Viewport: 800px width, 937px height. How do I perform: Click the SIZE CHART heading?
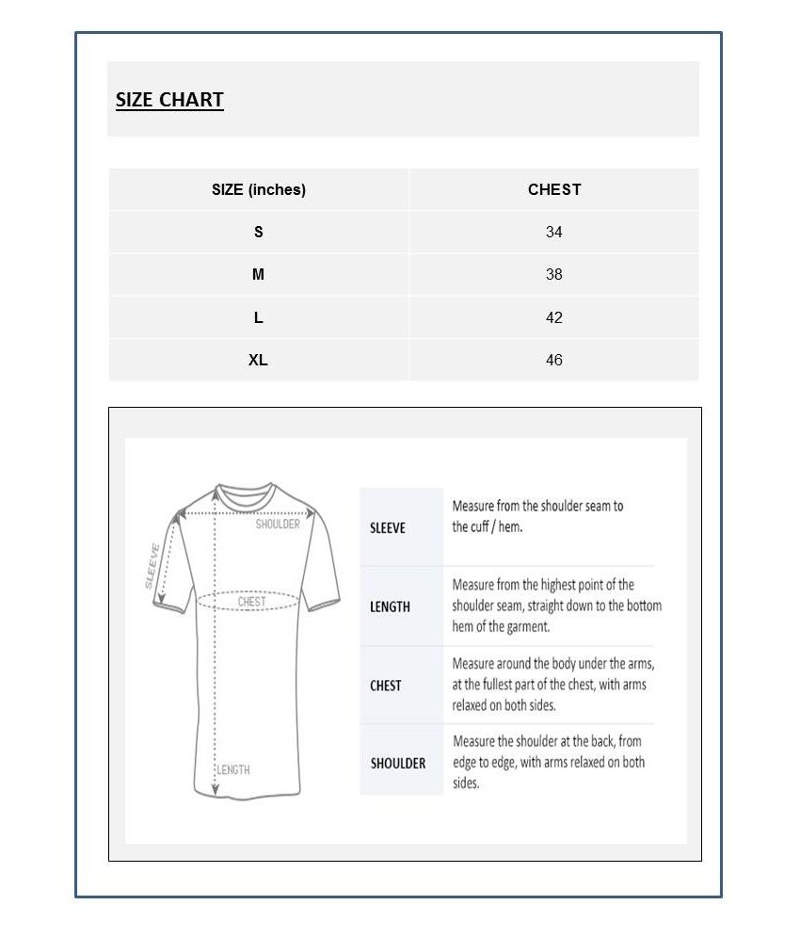coord(169,100)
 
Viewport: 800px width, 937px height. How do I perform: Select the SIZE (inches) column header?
coord(259,189)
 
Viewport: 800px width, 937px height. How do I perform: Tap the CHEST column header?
coord(554,189)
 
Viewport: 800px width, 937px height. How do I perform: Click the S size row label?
coord(259,232)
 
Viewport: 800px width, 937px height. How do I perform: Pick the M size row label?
coord(259,275)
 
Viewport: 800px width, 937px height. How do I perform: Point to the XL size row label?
coord(259,360)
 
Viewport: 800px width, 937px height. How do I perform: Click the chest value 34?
coord(554,232)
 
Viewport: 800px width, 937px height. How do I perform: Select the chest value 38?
coord(554,275)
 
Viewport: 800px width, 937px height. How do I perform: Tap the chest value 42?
coord(554,317)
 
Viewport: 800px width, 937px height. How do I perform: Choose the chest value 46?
coord(554,360)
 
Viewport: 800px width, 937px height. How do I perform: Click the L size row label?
coord(259,317)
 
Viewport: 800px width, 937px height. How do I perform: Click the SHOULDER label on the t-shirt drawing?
coord(278,524)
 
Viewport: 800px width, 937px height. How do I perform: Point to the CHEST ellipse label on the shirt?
coord(251,601)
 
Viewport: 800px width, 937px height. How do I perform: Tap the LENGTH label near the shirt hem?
coord(233,769)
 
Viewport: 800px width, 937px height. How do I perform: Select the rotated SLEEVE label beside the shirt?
coord(153,565)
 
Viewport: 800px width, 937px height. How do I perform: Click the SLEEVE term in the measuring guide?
coord(388,527)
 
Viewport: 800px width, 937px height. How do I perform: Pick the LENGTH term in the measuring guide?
coord(390,607)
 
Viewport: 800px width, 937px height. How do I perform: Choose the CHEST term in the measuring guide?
coord(386,686)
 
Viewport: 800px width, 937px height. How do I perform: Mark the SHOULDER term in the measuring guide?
coord(398,763)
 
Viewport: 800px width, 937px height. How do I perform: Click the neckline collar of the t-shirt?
coord(245,493)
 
